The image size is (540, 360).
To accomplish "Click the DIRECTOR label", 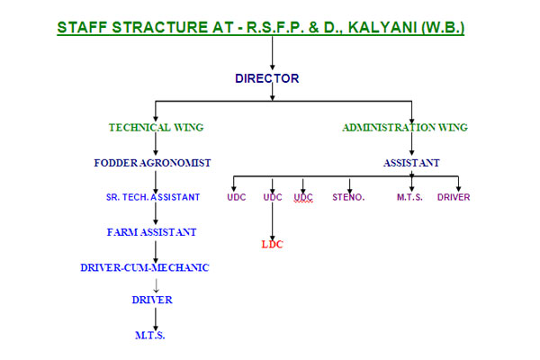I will click(266, 78).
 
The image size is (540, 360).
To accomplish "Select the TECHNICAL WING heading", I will click(155, 128).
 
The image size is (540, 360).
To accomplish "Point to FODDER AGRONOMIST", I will click(152, 163).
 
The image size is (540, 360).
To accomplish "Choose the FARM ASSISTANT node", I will click(151, 231).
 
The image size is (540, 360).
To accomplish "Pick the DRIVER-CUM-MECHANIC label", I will click(144, 266).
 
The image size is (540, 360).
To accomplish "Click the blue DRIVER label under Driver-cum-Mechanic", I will click(151, 300).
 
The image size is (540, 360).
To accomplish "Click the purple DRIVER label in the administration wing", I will click(454, 197).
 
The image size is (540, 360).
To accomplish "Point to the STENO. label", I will click(348, 197).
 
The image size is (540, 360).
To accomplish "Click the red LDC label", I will click(273, 243).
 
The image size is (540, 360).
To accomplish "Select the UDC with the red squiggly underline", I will click(303, 197).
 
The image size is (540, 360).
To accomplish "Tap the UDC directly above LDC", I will click(273, 197).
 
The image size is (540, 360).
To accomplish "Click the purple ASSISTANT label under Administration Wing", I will click(410, 163).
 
